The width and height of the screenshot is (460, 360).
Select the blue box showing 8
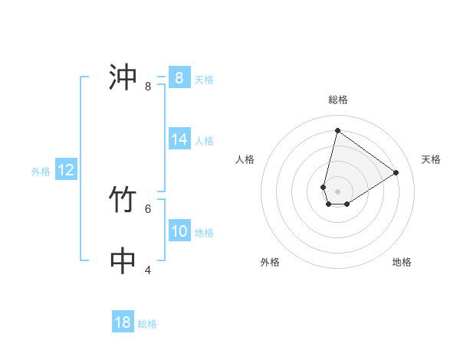tap(179, 78)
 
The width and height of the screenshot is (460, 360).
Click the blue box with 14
tap(179, 139)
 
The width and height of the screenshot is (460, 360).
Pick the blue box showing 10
tap(179, 231)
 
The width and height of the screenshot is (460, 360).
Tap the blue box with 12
tap(66, 170)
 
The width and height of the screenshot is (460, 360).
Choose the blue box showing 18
tap(123, 322)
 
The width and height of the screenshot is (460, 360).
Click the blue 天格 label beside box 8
tap(204, 80)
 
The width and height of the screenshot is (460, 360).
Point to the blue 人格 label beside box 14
tap(204, 141)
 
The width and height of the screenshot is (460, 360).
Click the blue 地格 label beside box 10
tap(204, 233)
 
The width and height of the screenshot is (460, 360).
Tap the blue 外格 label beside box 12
tap(41, 172)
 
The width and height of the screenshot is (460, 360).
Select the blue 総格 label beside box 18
tap(147, 324)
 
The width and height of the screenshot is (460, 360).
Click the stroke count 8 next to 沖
tap(148, 87)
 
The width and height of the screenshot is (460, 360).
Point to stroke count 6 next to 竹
tap(148, 208)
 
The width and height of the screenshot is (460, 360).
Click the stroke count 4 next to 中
tap(148, 270)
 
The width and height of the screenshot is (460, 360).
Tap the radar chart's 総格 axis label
tap(338, 100)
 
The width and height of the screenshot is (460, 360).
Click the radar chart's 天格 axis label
tap(431, 159)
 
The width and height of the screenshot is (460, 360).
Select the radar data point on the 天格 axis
tap(396, 172)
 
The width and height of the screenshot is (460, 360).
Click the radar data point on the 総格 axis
tap(337, 130)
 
